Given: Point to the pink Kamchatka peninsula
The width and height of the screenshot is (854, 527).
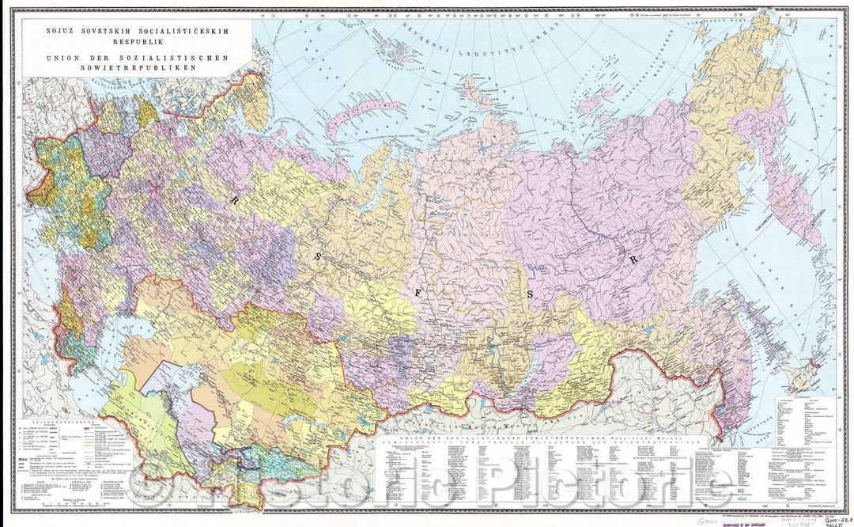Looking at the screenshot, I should pyautogui.click(x=783, y=190).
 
